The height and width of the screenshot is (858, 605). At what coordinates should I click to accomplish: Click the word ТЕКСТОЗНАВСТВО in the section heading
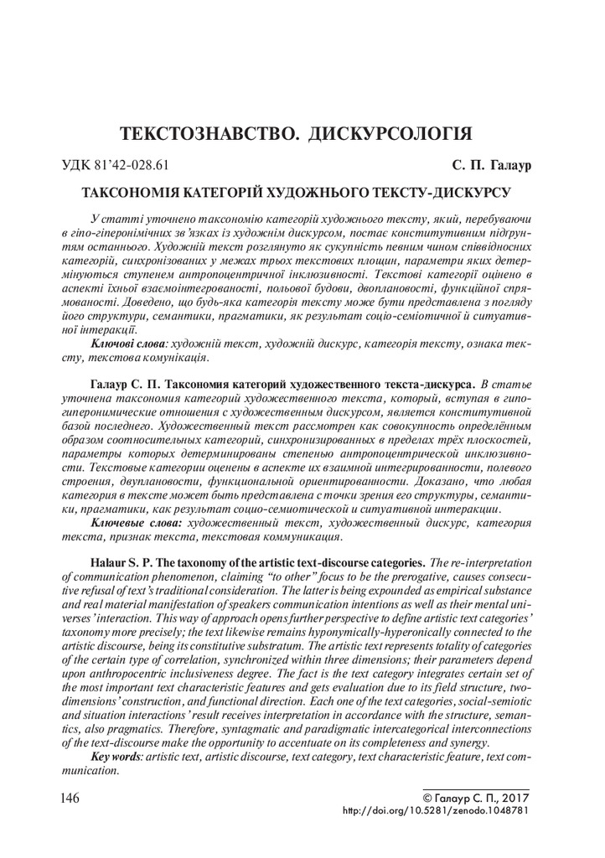tap(204, 134)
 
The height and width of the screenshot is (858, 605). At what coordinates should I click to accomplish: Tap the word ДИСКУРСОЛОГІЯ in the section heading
tap(389, 134)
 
